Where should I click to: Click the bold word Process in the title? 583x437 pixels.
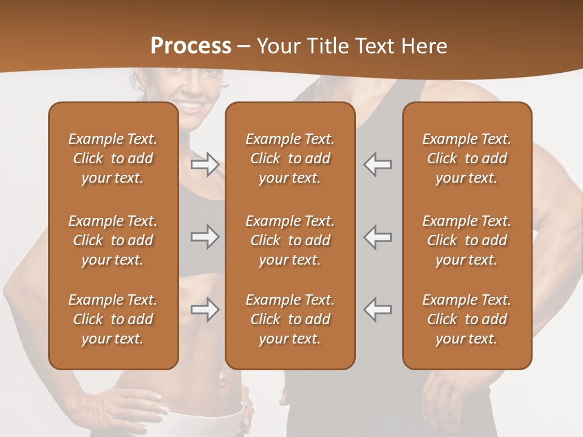click(x=191, y=46)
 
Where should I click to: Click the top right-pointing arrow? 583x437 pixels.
click(x=205, y=164)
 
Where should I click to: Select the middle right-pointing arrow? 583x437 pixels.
click(x=205, y=237)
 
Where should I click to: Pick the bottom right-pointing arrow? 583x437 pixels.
click(x=205, y=310)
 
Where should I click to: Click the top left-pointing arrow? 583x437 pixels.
click(x=377, y=164)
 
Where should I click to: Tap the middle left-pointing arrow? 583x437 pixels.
click(x=377, y=237)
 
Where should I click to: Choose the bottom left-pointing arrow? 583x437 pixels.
click(x=377, y=310)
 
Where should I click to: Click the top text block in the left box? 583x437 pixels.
click(x=113, y=158)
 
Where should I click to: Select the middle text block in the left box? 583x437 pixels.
click(x=113, y=240)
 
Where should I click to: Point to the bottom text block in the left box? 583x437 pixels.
click(x=113, y=319)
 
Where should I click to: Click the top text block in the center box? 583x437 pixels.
click(x=290, y=158)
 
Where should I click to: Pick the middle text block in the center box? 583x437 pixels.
click(x=290, y=240)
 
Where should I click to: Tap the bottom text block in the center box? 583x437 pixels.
click(x=290, y=319)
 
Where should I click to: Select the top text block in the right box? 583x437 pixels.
click(x=466, y=158)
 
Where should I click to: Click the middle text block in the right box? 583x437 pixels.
click(x=466, y=240)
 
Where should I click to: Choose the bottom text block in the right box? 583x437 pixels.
click(x=466, y=319)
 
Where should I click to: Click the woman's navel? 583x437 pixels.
click(x=222, y=381)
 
